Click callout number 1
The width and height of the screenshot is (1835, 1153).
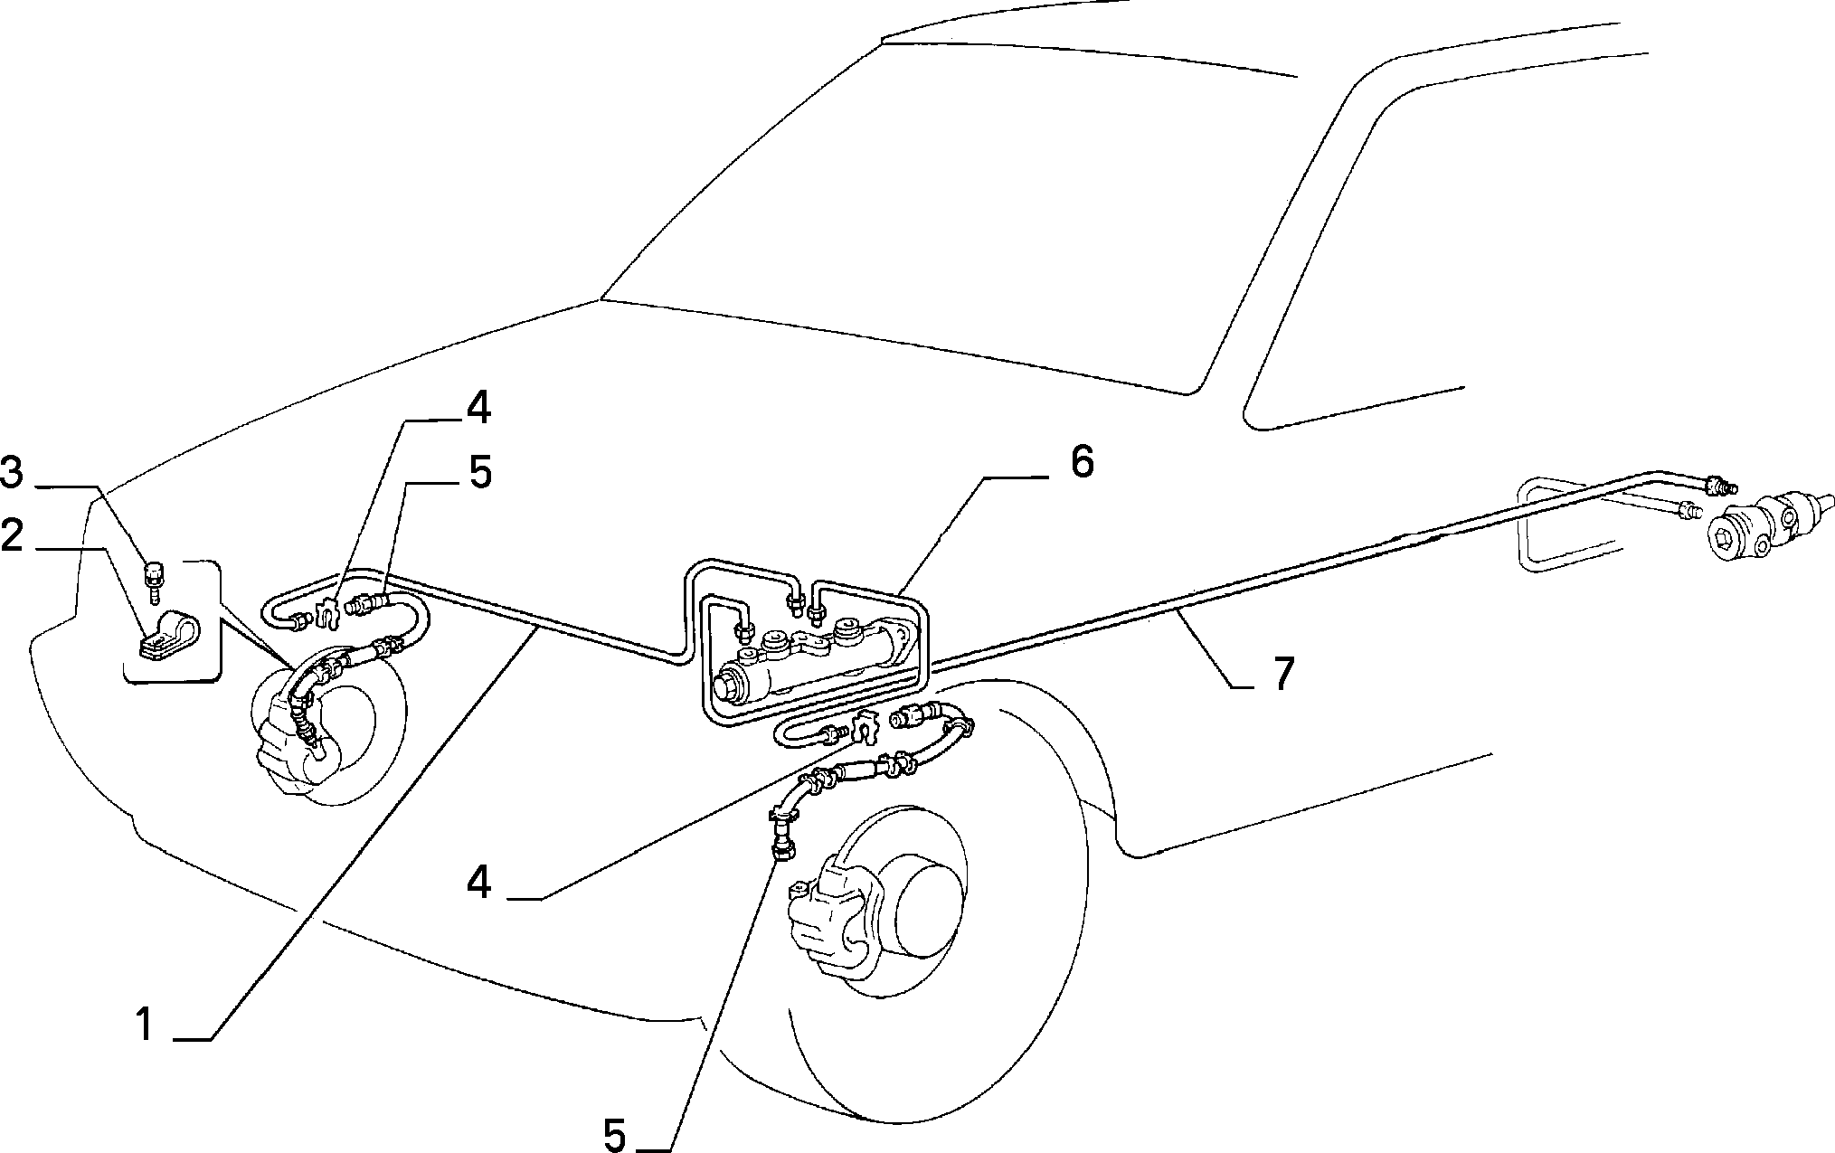145,1025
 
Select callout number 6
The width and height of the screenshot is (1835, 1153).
1082,463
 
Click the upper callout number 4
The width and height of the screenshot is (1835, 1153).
478,409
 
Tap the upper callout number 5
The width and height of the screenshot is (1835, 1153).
479,472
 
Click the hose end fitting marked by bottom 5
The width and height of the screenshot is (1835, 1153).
783,847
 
